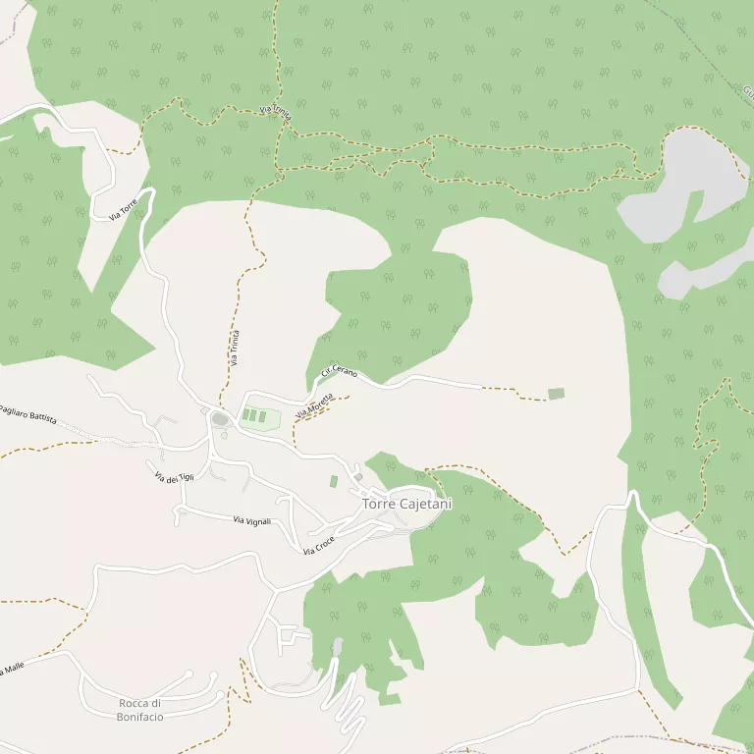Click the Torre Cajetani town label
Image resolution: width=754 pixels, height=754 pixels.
click(407, 504)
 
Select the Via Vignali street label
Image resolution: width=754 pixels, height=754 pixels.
click(251, 520)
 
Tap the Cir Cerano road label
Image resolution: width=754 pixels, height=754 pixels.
click(339, 372)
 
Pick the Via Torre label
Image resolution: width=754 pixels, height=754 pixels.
click(123, 207)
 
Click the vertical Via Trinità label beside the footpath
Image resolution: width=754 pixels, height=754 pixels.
click(234, 349)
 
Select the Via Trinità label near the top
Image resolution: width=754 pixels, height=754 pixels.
click(277, 114)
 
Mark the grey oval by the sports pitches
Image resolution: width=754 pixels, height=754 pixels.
click(221, 419)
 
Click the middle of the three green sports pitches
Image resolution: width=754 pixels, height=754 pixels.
click(253, 416)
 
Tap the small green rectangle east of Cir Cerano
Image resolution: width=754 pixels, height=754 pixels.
click(556, 394)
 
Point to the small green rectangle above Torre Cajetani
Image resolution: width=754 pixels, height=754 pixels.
click(334, 481)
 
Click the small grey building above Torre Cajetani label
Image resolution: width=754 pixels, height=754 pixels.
click(359, 477)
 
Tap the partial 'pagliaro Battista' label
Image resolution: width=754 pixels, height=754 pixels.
click(27, 413)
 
